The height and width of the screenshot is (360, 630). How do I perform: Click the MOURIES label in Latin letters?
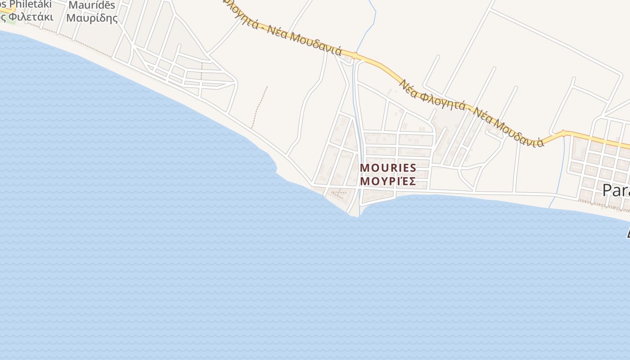pyautogui.click(x=388, y=168)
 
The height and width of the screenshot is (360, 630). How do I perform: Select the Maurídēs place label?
pyautogui.click(x=92, y=6)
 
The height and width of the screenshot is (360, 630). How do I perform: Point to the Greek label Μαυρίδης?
pyautogui.click(x=92, y=18)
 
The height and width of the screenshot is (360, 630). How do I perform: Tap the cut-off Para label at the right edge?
pyautogui.click(x=616, y=190)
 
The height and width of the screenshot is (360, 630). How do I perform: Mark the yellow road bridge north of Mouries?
pyautogui.click(x=355, y=56)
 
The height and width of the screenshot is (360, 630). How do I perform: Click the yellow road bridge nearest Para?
pyautogui.click(x=563, y=133)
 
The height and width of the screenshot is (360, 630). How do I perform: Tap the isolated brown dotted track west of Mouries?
pyautogui.click(x=259, y=107)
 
